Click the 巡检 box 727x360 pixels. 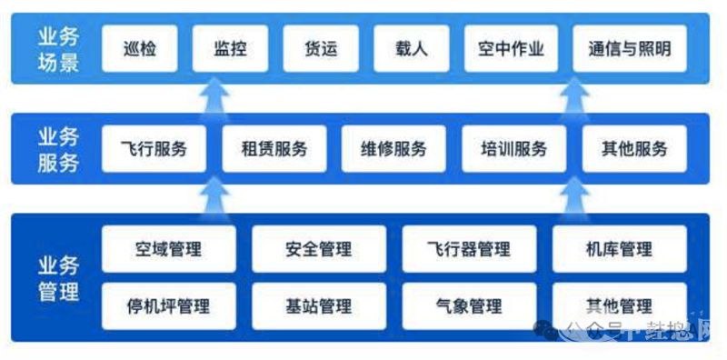[139, 48]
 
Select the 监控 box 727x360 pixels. [230, 48]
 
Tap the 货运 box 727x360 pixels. [321, 48]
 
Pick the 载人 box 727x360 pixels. [412, 48]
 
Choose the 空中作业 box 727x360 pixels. [511, 48]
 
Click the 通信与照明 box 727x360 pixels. [629, 48]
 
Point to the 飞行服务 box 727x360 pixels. [153, 148]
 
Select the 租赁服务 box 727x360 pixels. [274, 148]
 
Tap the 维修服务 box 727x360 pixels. [393, 148]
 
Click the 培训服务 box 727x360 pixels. [513, 148]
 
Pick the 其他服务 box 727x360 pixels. [633, 148]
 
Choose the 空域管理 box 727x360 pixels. [168, 248]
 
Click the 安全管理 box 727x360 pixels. [318, 248]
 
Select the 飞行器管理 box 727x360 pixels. [468, 248]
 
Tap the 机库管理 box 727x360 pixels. [619, 248]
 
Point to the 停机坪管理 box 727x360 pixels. [168, 305]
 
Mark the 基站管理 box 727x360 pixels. [318, 305]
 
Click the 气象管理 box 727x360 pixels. [468, 305]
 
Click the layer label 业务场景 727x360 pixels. [57, 48]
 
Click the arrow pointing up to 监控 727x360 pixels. [215, 96]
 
